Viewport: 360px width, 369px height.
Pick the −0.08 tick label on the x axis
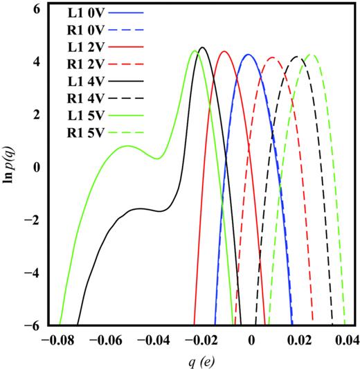pyautogui.click(x=60, y=341)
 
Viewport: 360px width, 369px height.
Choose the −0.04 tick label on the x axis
pyautogui.click(x=156, y=341)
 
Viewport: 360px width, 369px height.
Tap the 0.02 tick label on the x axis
pyautogui.click(x=299, y=341)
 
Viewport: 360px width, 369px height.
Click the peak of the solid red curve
pyautogui.click(x=224, y=51)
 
